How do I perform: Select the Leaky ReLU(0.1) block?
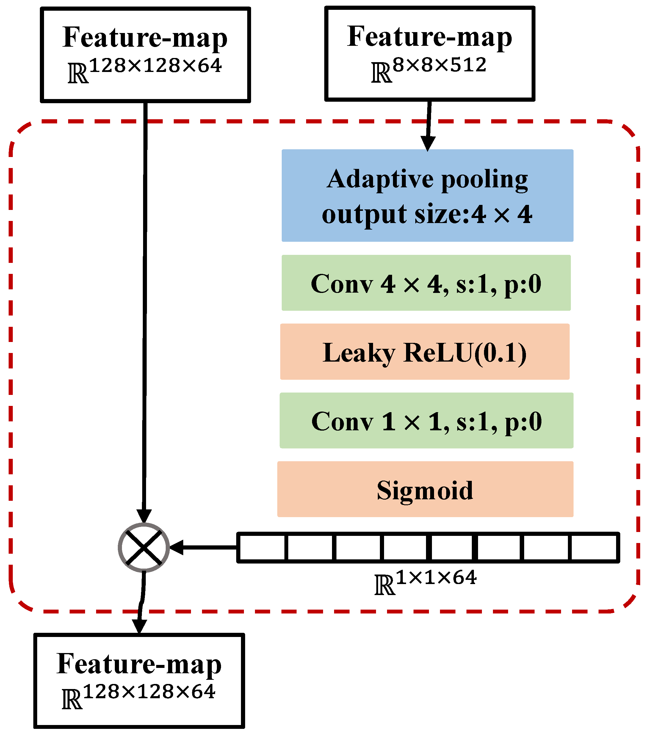tap(425, 352)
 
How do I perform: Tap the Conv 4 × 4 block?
tap(426, 283)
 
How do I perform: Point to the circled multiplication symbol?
tap(144, 548)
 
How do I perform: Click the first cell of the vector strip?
tap(262, 548)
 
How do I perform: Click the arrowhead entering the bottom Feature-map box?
tap(139, 627)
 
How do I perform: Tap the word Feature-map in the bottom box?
tap(139, 664)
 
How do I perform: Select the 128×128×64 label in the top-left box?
tap(145, 70)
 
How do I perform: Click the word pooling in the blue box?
tap(484, 179)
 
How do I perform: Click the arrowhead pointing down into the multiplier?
tap(144, 516)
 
